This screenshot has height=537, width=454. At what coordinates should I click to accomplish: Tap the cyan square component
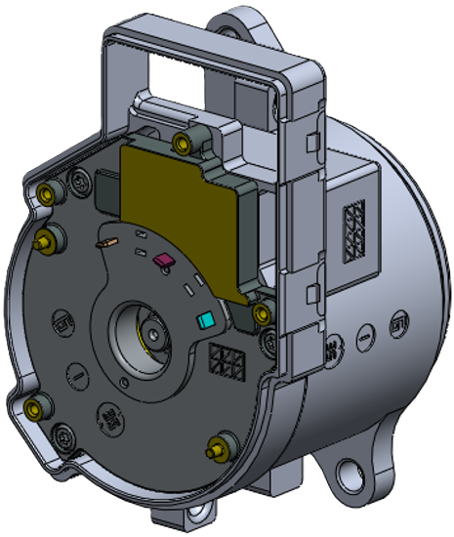205,320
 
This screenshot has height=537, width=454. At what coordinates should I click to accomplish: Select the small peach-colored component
110,241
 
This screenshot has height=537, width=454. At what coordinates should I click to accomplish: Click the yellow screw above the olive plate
181,145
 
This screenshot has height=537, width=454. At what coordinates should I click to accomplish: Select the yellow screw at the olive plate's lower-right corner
261,312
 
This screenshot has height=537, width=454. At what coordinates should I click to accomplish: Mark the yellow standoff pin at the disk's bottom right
217,452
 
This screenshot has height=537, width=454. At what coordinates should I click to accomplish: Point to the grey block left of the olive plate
105,190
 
